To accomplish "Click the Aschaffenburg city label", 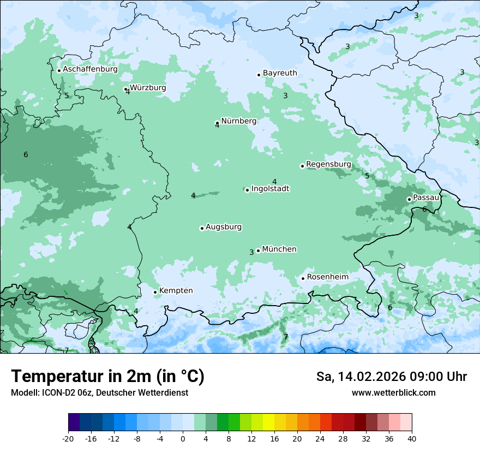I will point(90,69).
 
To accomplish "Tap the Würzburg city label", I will point(148,88).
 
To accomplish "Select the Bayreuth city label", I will point(280,73).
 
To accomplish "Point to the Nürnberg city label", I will point(238,121).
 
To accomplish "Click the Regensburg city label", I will point(328,164).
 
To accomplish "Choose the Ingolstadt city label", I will point(270,189).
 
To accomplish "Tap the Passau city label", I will point(425,198).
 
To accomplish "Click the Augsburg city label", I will point(224,227).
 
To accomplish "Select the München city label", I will point(279,249).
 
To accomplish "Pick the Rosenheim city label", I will point(327,277).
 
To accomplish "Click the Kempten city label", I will point(176,291).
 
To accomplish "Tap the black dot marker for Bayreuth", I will point(259,75).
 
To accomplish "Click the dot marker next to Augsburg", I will point(202,228).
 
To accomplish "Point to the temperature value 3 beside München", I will point(251,252).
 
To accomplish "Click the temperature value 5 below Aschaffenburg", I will point(67,96).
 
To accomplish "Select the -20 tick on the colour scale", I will point(68,439).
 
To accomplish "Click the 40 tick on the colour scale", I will point(411,439).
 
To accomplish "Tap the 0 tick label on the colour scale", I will point(183,439).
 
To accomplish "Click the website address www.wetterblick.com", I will point(393,393).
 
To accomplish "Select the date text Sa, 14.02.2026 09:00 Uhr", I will point(391,377).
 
